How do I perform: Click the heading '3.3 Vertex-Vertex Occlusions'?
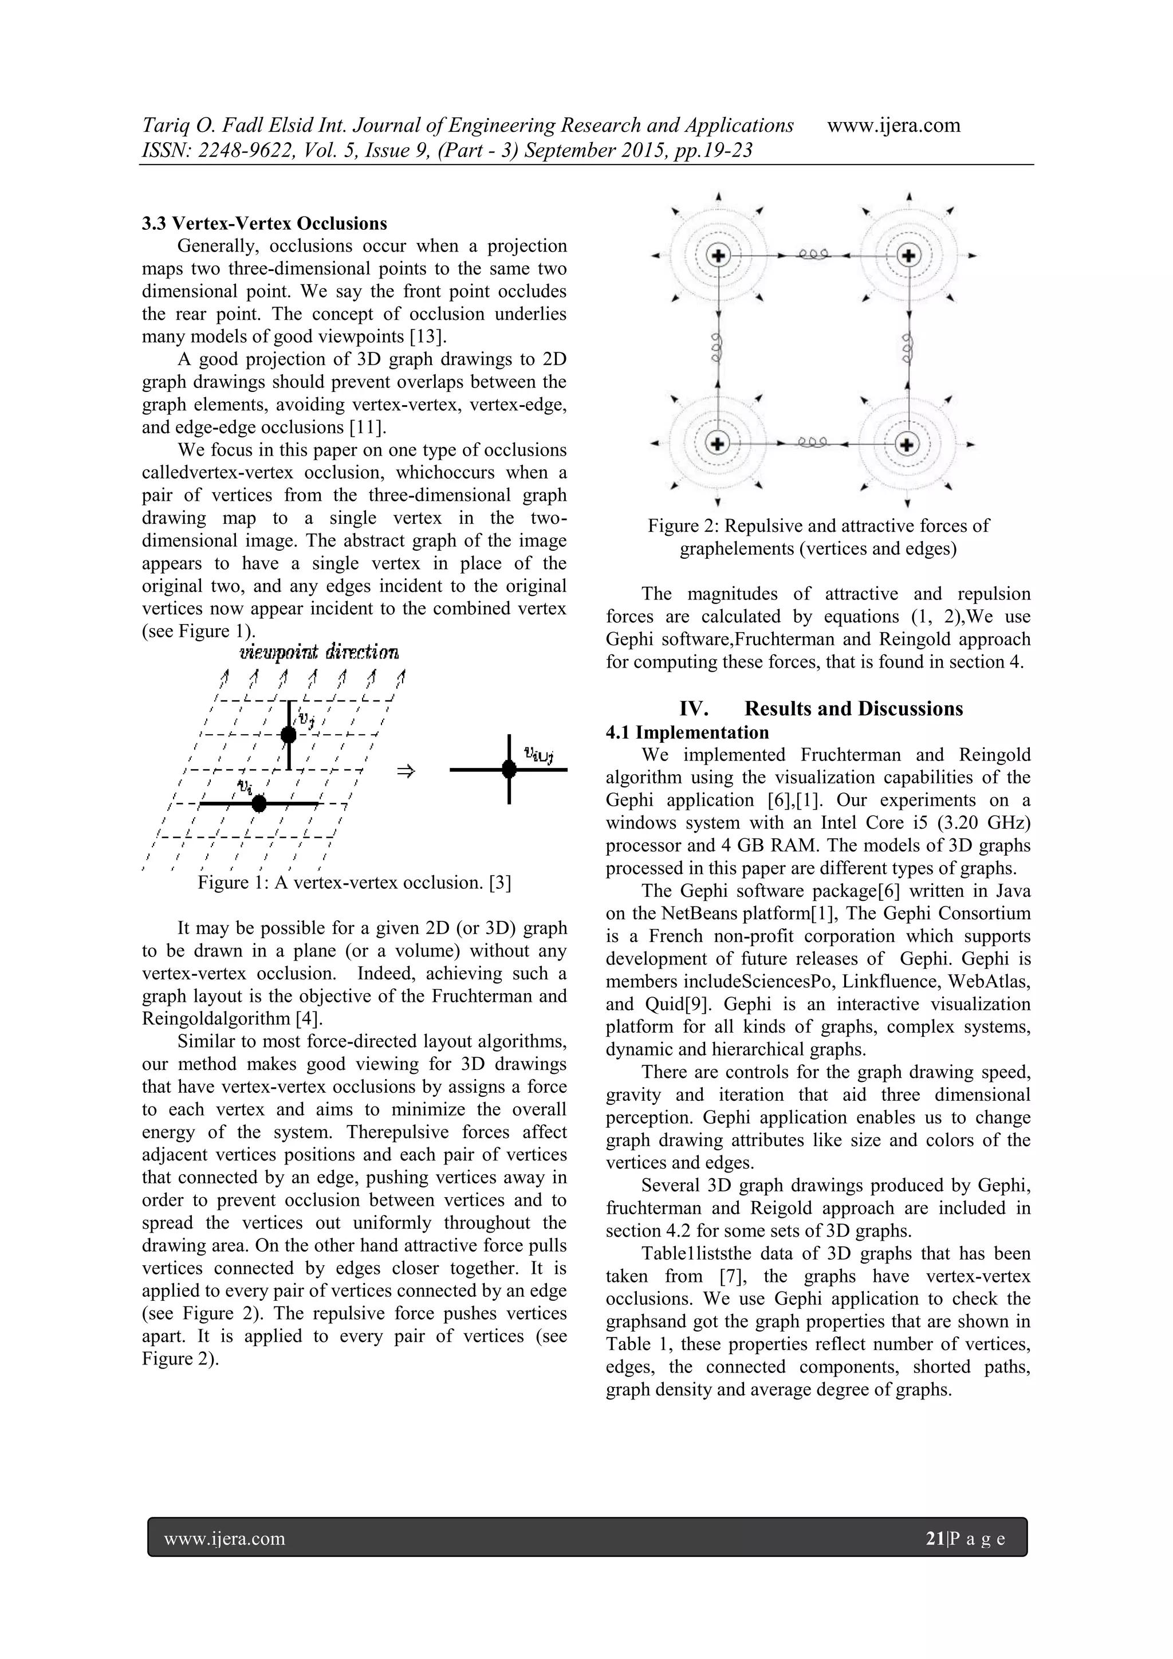coord(265,223)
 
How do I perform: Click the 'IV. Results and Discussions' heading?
coord(821,708)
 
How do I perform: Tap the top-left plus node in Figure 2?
coord(718,255)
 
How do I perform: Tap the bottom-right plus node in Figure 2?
coord(908,444)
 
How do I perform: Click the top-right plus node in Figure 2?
coord(908,255)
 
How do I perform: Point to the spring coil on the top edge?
coord(813,254)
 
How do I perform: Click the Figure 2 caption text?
coord(818,537)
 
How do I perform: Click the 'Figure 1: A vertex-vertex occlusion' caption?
coord(354,883)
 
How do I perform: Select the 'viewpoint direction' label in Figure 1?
coord(318,653)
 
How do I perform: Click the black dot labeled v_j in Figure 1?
coord(288,735)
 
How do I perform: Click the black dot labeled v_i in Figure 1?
coord(259,803)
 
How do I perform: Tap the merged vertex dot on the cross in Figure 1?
coord(509,770)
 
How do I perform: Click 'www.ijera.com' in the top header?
coord(893,125)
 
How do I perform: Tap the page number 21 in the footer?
coord(935,1538)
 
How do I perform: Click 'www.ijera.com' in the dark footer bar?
coord(225,1538)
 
